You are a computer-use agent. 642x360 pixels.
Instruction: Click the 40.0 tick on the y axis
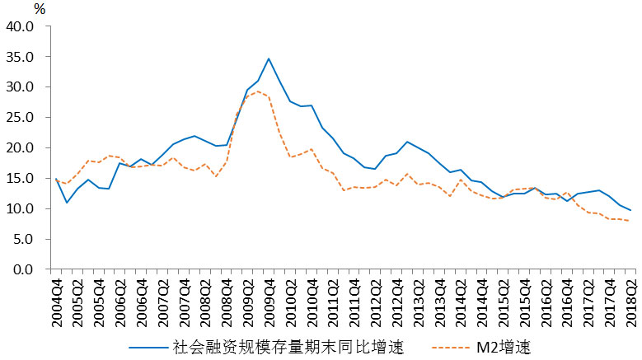21,26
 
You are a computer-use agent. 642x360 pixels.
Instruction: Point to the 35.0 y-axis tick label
21,56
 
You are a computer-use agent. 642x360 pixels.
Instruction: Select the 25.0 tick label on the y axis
21,117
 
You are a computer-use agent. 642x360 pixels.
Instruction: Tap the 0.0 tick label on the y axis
24,269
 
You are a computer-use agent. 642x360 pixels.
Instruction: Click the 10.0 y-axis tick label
21,208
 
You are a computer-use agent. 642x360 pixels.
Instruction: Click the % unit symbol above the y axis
40,9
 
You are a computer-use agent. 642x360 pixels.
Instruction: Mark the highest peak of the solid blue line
269,58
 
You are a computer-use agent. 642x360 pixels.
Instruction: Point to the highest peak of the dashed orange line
258,91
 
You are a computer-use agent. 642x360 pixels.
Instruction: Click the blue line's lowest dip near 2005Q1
67,203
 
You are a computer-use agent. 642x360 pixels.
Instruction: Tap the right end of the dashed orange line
630,221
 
